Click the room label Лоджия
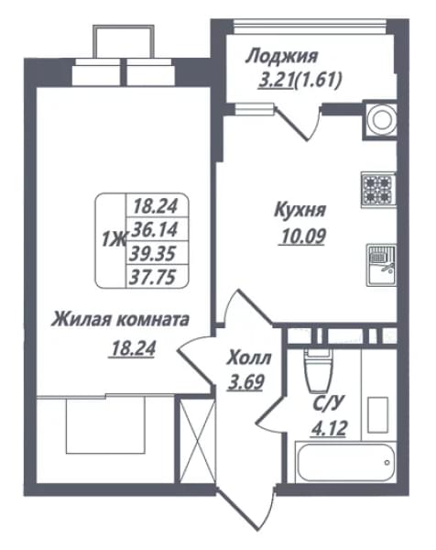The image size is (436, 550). pos(281,57)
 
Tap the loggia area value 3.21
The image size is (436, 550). pos(276,81)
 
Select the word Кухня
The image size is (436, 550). pos(300,211)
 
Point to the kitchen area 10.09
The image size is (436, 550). pos(302,236)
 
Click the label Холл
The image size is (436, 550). pos(249,358)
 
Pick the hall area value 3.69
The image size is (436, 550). pos(245,381)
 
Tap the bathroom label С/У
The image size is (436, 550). pos(327,403)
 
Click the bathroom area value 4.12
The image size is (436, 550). pos(329,428)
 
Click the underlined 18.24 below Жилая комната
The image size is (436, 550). pos(133,348)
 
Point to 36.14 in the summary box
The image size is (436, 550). pos(154,230)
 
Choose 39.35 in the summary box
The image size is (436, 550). pos(152,254)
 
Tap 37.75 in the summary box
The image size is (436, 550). pos(152,278)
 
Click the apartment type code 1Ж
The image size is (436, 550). pos(114,240)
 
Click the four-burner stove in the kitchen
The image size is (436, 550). pos(378,190)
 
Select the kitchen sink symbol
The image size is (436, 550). pos(382,265)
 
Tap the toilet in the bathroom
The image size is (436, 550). pos(318,370)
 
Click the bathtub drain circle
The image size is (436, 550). pos(387,462)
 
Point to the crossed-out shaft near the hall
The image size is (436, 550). pos(195,442)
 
